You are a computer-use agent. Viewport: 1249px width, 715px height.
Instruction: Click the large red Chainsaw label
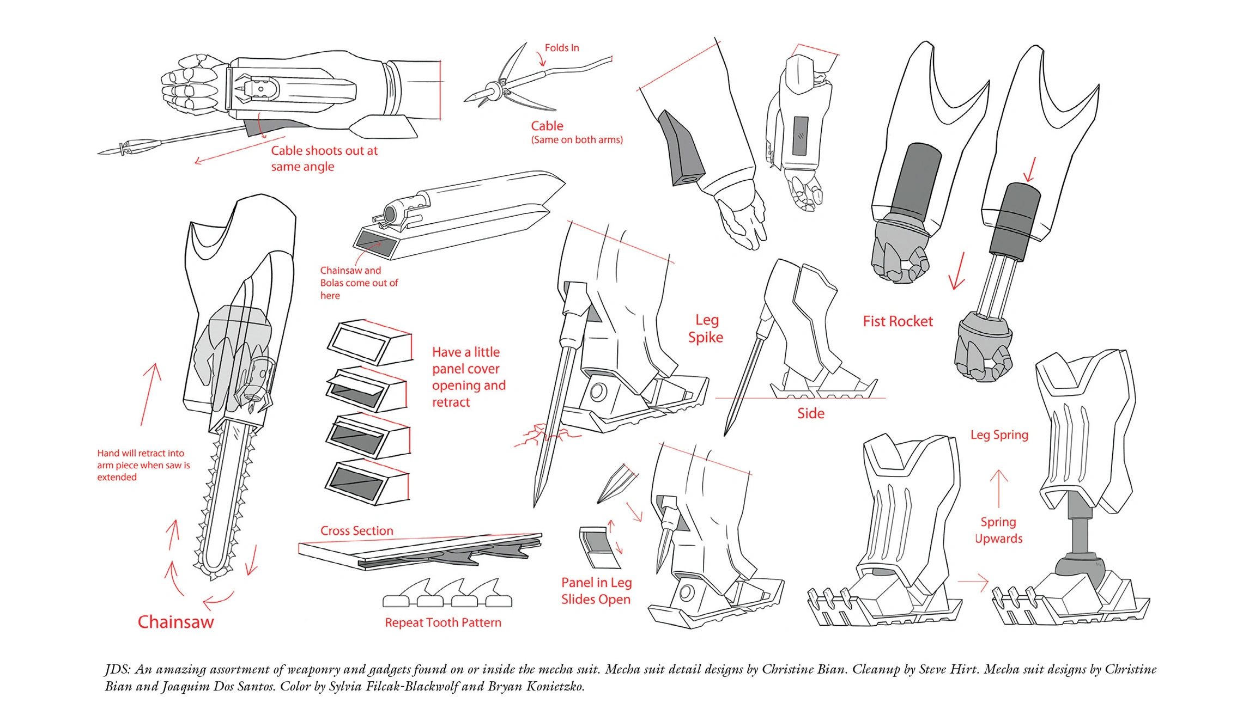(x=175, y=622)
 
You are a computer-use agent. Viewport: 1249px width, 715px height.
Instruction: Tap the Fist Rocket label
(x=898, y=321)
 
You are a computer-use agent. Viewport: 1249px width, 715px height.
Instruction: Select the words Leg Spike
(x=706, y=328)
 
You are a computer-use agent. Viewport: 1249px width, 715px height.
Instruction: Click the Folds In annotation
(x=562, y=48)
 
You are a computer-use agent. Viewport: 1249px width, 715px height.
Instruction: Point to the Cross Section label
(x=356, y=530)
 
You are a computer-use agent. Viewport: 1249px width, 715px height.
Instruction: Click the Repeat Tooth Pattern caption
(x=443, y=622)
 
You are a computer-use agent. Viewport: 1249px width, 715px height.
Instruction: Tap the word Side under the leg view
(x=810, y=413)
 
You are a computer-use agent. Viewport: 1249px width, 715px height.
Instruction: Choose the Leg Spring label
(x=999, y=435)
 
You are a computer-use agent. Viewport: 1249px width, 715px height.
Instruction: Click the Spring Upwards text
(x=998, y=530)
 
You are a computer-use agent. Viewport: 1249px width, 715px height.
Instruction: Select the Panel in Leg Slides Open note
(x=596, y=591)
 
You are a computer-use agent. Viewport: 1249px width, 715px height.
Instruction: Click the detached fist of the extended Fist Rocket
(x=984, y=349)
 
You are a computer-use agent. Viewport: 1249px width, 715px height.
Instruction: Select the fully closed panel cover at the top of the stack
(x=369, y=341)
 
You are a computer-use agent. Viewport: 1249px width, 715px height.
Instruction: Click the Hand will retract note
(x=143, y=465)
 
